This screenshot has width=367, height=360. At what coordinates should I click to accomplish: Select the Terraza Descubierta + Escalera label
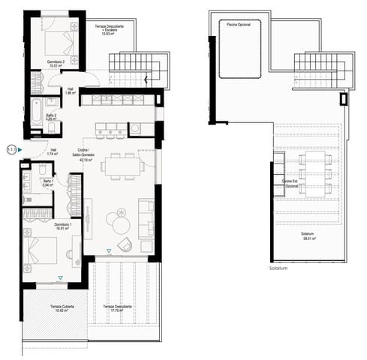[110, 31]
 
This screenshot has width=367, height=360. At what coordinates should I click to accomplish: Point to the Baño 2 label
[50, 116]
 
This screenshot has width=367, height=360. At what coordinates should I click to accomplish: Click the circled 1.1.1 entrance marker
[11, 150]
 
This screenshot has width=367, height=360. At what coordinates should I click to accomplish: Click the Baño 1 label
[48, 182]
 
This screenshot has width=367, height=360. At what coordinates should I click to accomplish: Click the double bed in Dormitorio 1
[44, 251]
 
